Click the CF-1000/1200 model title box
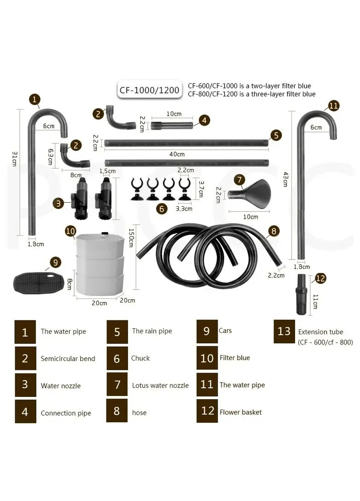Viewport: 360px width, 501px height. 149,90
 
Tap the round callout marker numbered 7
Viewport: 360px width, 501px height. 239,180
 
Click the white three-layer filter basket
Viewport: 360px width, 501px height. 99,263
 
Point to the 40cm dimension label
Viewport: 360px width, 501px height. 177,154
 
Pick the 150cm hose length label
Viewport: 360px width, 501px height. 131,238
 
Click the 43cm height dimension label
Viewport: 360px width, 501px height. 285,179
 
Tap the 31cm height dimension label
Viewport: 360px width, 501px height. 15,158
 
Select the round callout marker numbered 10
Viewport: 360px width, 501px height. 70,231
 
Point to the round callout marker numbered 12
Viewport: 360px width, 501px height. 320,278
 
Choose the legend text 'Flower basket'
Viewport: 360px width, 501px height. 240,412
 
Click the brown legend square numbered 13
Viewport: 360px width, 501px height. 284,332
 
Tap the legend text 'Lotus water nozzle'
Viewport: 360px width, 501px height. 160,385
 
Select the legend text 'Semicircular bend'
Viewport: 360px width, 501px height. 68,359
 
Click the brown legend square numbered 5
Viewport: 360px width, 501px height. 117,332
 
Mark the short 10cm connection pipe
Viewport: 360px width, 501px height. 172,125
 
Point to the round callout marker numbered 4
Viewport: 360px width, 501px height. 204,120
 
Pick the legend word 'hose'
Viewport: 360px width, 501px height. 139,413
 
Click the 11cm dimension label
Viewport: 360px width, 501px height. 315,302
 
